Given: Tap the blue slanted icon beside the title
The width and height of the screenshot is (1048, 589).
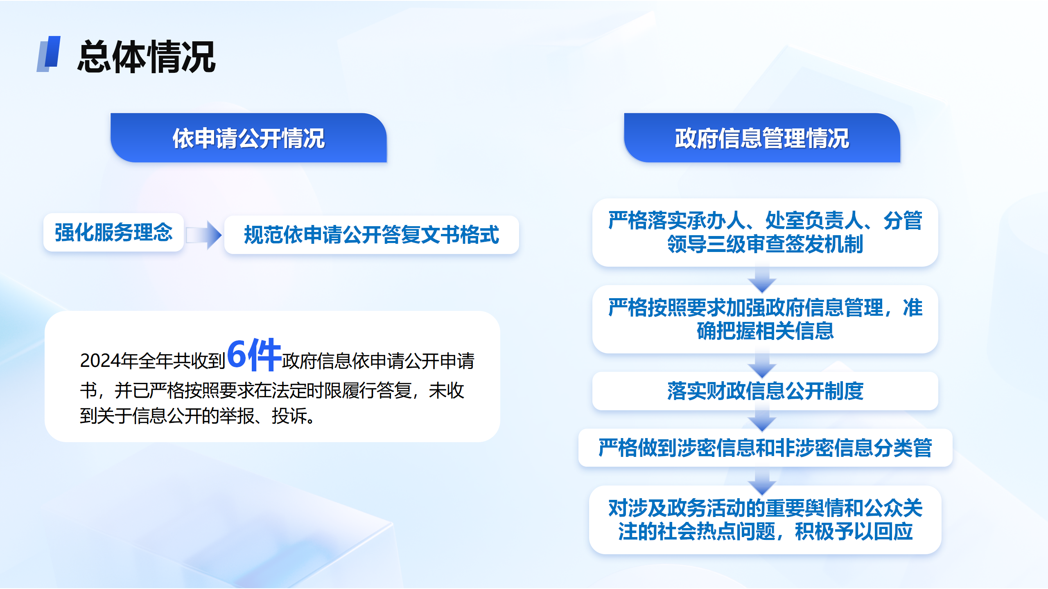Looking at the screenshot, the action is tap(49, 54).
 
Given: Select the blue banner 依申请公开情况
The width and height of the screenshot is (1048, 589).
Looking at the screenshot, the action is tap(248, 138).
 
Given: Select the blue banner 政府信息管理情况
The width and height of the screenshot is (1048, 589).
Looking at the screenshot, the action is tap(762, 138).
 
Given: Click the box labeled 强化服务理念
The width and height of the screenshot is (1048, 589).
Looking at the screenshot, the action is tap(113, 232).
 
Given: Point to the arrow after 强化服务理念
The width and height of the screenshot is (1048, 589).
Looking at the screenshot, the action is tap(204, 235).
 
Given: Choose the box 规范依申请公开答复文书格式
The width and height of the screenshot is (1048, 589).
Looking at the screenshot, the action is tap(371, 235).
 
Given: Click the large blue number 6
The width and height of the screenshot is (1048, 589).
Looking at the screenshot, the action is tap(237, 354).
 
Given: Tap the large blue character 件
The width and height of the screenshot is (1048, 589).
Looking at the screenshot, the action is tap(264, 355).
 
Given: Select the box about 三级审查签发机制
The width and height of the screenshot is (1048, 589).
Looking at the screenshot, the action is tap(765, 232).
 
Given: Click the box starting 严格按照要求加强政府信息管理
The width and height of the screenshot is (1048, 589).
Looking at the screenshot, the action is tap(765, 319).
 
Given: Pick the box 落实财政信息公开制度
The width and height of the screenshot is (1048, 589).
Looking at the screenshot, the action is tap(765, 391).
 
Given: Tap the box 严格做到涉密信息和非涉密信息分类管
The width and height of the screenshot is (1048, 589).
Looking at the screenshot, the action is tap(765, 447).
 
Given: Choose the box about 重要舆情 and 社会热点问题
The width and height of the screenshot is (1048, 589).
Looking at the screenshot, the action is tap(765, 520).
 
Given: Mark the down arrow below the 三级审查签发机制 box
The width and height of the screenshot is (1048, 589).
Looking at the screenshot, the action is tap(762, 277).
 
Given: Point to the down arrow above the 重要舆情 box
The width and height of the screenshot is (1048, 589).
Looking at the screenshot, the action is tap(762, 481).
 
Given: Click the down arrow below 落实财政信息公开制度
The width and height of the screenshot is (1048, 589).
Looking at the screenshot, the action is tap(762, 418).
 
